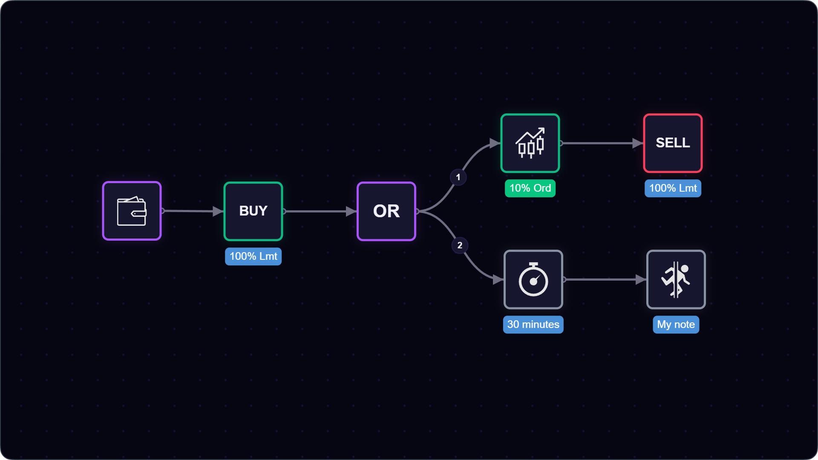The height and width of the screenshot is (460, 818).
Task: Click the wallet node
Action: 132,211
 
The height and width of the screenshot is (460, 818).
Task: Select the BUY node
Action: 253,211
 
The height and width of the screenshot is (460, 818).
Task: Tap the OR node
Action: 386,211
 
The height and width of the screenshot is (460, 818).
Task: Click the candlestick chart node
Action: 530,143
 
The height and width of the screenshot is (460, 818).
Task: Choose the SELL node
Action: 673,143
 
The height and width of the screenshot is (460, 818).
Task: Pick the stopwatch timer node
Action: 533,279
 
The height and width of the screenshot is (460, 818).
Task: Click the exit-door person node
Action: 676,279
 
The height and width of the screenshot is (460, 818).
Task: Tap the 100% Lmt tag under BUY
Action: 253,256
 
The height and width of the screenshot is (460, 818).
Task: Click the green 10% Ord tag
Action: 530,188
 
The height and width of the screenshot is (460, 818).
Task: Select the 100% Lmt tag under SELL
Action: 673,188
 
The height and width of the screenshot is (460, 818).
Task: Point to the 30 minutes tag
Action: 533,325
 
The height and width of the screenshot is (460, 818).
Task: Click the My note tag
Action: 676,325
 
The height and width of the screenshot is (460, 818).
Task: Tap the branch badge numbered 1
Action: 458,177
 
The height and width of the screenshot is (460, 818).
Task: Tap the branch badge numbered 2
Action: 460,245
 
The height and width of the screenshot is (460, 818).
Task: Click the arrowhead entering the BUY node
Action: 218,211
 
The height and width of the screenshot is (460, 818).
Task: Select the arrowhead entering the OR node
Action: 351,211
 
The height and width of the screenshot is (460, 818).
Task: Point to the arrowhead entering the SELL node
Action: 638,143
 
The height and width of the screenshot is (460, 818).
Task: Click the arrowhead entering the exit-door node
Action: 641,279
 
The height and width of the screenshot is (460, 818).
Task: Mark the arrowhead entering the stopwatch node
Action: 498,279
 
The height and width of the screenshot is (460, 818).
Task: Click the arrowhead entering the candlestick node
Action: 495,143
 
